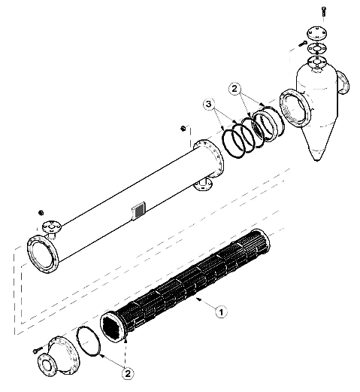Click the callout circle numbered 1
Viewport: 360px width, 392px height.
221,312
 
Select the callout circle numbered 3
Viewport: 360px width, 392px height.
209,105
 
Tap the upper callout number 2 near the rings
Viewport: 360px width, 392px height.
234,89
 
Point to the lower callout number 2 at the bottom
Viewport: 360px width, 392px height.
128,374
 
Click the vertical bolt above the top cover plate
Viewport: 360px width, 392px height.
323,11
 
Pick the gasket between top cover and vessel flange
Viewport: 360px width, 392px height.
317,48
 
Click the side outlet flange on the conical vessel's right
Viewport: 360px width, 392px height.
343,83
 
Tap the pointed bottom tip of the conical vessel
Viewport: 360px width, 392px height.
316,160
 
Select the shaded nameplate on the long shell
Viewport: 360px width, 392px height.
138,211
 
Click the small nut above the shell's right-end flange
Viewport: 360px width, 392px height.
183,129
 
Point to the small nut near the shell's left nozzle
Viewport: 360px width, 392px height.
41,213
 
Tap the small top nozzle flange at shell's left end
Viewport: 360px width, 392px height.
51,227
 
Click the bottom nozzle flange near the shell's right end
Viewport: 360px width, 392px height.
203,185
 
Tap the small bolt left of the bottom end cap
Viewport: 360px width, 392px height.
37,350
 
